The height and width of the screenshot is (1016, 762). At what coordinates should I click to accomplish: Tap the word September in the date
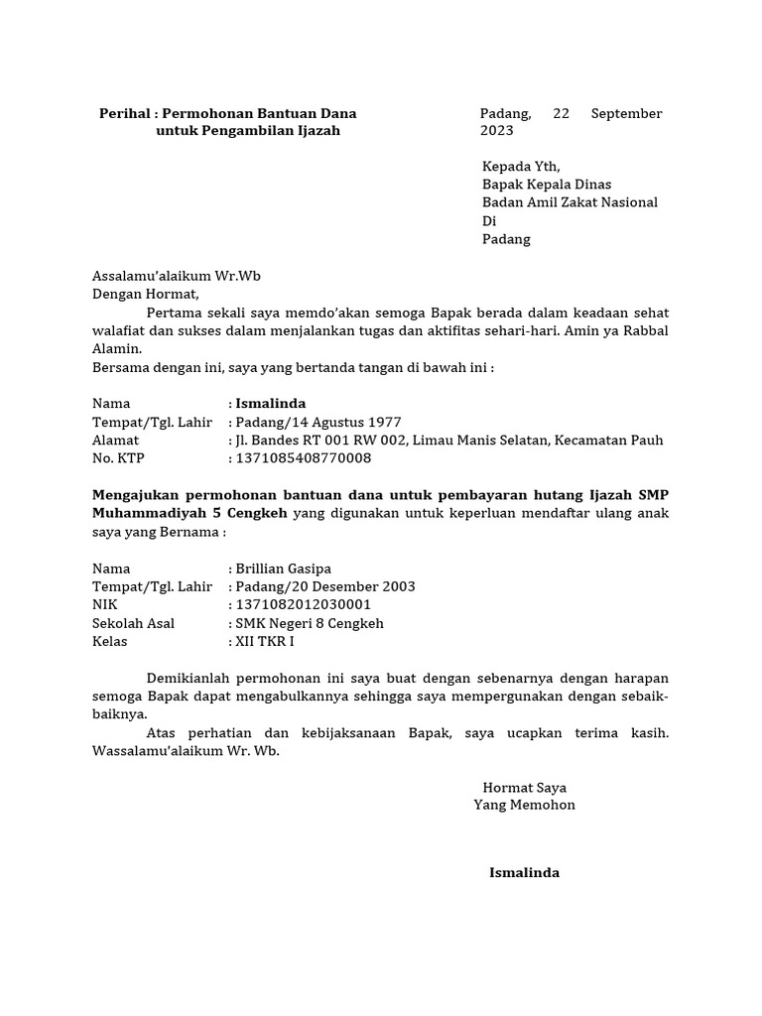(626, 113)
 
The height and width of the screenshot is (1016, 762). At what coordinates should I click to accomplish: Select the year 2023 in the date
(497, 131)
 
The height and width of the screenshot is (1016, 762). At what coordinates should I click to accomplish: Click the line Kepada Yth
(521, 167)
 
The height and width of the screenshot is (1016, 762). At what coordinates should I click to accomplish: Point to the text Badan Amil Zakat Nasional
(570, 202)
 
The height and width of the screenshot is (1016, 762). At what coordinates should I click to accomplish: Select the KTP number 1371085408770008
(304, 457)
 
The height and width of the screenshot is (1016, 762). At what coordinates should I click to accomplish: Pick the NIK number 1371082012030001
(304, 604)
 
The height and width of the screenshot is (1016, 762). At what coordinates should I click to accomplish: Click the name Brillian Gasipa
(283, 569)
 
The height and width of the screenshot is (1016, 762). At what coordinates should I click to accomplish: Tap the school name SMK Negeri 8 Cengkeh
(309, 623)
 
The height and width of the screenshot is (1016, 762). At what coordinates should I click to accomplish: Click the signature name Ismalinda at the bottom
(524, 873)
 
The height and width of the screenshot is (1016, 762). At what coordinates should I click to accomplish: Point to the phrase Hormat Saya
(524, 787)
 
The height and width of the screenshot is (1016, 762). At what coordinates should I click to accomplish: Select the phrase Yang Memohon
(524, 805)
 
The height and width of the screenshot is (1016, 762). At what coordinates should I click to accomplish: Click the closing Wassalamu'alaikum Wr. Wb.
(187, 750)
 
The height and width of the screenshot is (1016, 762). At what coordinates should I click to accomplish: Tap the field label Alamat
(116, 440)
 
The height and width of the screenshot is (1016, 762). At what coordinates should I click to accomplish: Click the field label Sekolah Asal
(133, 623)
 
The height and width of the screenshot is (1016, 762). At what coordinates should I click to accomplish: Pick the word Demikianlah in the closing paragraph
(189, 678)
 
